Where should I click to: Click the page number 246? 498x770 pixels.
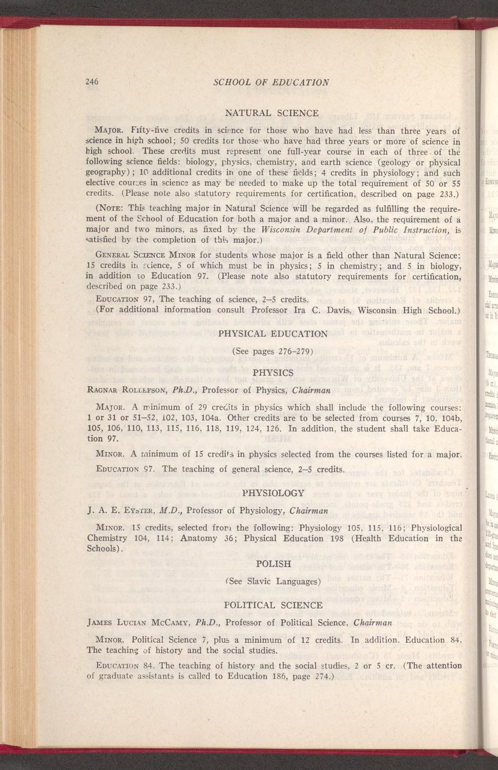coord(92,82)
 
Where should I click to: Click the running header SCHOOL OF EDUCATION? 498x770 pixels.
coord(271,82)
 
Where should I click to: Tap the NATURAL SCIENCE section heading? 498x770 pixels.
coord(272,113)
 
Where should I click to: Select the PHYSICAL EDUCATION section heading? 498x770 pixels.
coord(273,334)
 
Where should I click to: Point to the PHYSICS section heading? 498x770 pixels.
coord(273,372)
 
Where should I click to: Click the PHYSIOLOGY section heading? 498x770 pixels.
coord(273,493)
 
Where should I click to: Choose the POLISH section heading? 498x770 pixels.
coord(273,564)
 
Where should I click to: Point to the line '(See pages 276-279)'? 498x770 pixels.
coord(273,352)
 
